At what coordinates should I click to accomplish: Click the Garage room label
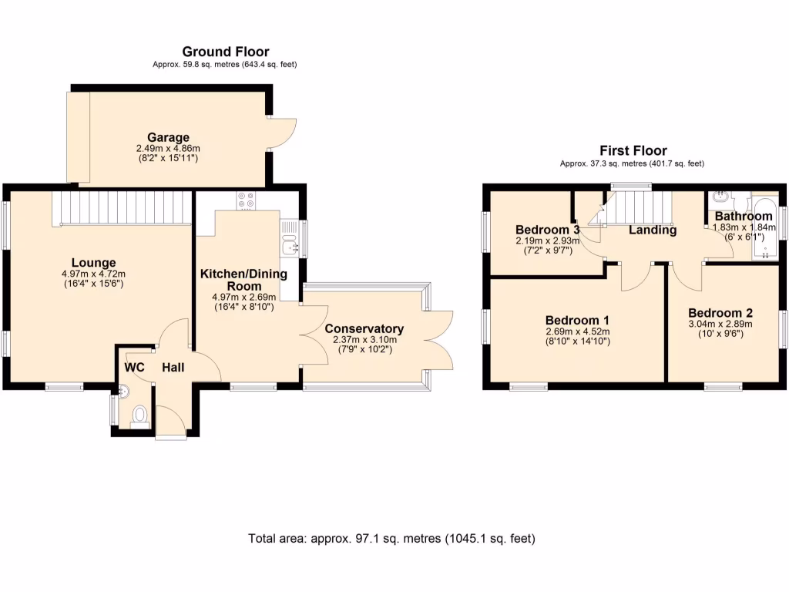[168, 138]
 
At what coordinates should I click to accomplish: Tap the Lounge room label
[94, 263]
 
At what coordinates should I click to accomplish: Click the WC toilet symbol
[139, 416]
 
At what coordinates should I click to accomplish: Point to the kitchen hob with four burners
[247, 200]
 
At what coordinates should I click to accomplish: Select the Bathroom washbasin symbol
[723, 198]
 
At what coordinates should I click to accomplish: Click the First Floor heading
[633, 151]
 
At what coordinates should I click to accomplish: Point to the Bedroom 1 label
[577, 321]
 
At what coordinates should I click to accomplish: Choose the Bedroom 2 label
[720, 313]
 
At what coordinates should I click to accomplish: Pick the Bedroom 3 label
[547, 230]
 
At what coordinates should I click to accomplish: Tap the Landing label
[653, 230]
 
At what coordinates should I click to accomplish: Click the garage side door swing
[284, 136]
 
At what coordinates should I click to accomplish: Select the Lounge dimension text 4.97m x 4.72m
[94, 274]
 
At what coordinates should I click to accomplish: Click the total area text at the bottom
[391, 538]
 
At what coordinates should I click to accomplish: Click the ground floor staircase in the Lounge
[121, 207]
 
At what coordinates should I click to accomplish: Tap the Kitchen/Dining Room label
[243, 279]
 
